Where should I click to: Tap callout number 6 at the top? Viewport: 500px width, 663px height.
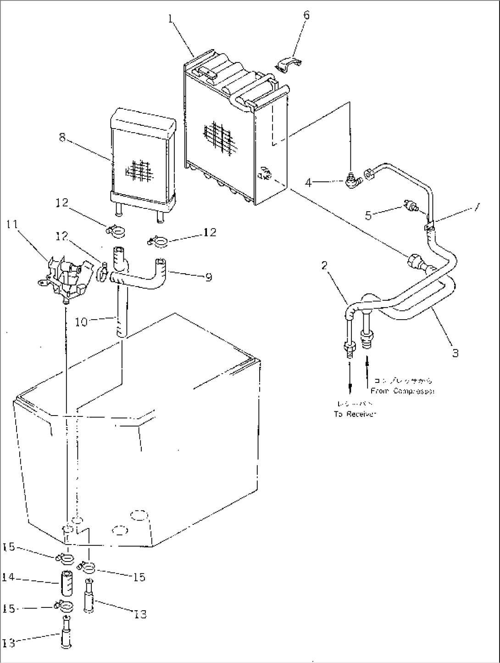click(306, 15)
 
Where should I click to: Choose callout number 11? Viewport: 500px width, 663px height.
click(14, 225)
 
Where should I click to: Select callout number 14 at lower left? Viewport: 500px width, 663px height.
click(9, 578)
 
